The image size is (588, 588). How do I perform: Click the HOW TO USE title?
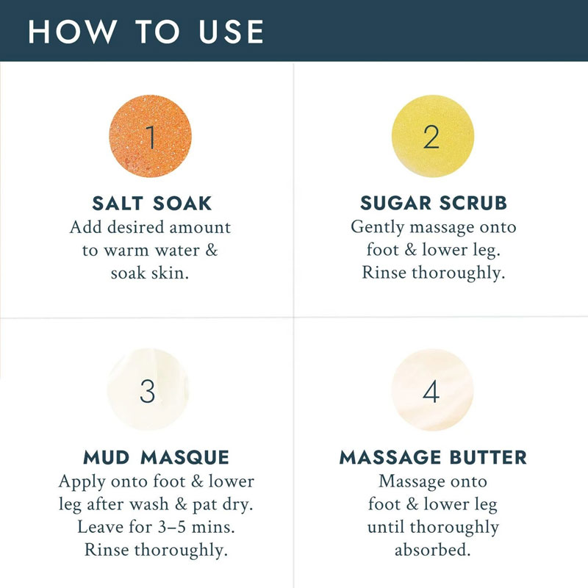[x=146, y=32]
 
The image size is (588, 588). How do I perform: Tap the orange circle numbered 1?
[x=151, y=136]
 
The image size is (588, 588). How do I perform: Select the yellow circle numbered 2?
[x=433, y=136]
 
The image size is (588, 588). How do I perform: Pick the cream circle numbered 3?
[x=148, y=390]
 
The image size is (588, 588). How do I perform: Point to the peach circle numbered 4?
[x=432, y=390]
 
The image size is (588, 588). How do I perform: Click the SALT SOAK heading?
[x=152, y=204]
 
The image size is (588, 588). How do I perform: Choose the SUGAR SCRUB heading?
[x=434, y=203]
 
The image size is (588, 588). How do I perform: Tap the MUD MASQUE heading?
[x=156, y=457]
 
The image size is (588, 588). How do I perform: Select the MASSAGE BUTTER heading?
[x=433, y=457]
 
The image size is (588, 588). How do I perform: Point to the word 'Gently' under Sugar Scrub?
[x=378, y=228]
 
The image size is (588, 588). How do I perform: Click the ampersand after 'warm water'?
[x=212, y=250]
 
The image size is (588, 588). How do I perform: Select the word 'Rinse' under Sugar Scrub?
[x=384, y=272]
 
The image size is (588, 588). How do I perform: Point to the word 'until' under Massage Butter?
[x=386, y=527]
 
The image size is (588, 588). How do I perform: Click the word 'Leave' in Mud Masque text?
[x=101, y=527]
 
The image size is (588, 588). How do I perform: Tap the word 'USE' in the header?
[x=232, y=32]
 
